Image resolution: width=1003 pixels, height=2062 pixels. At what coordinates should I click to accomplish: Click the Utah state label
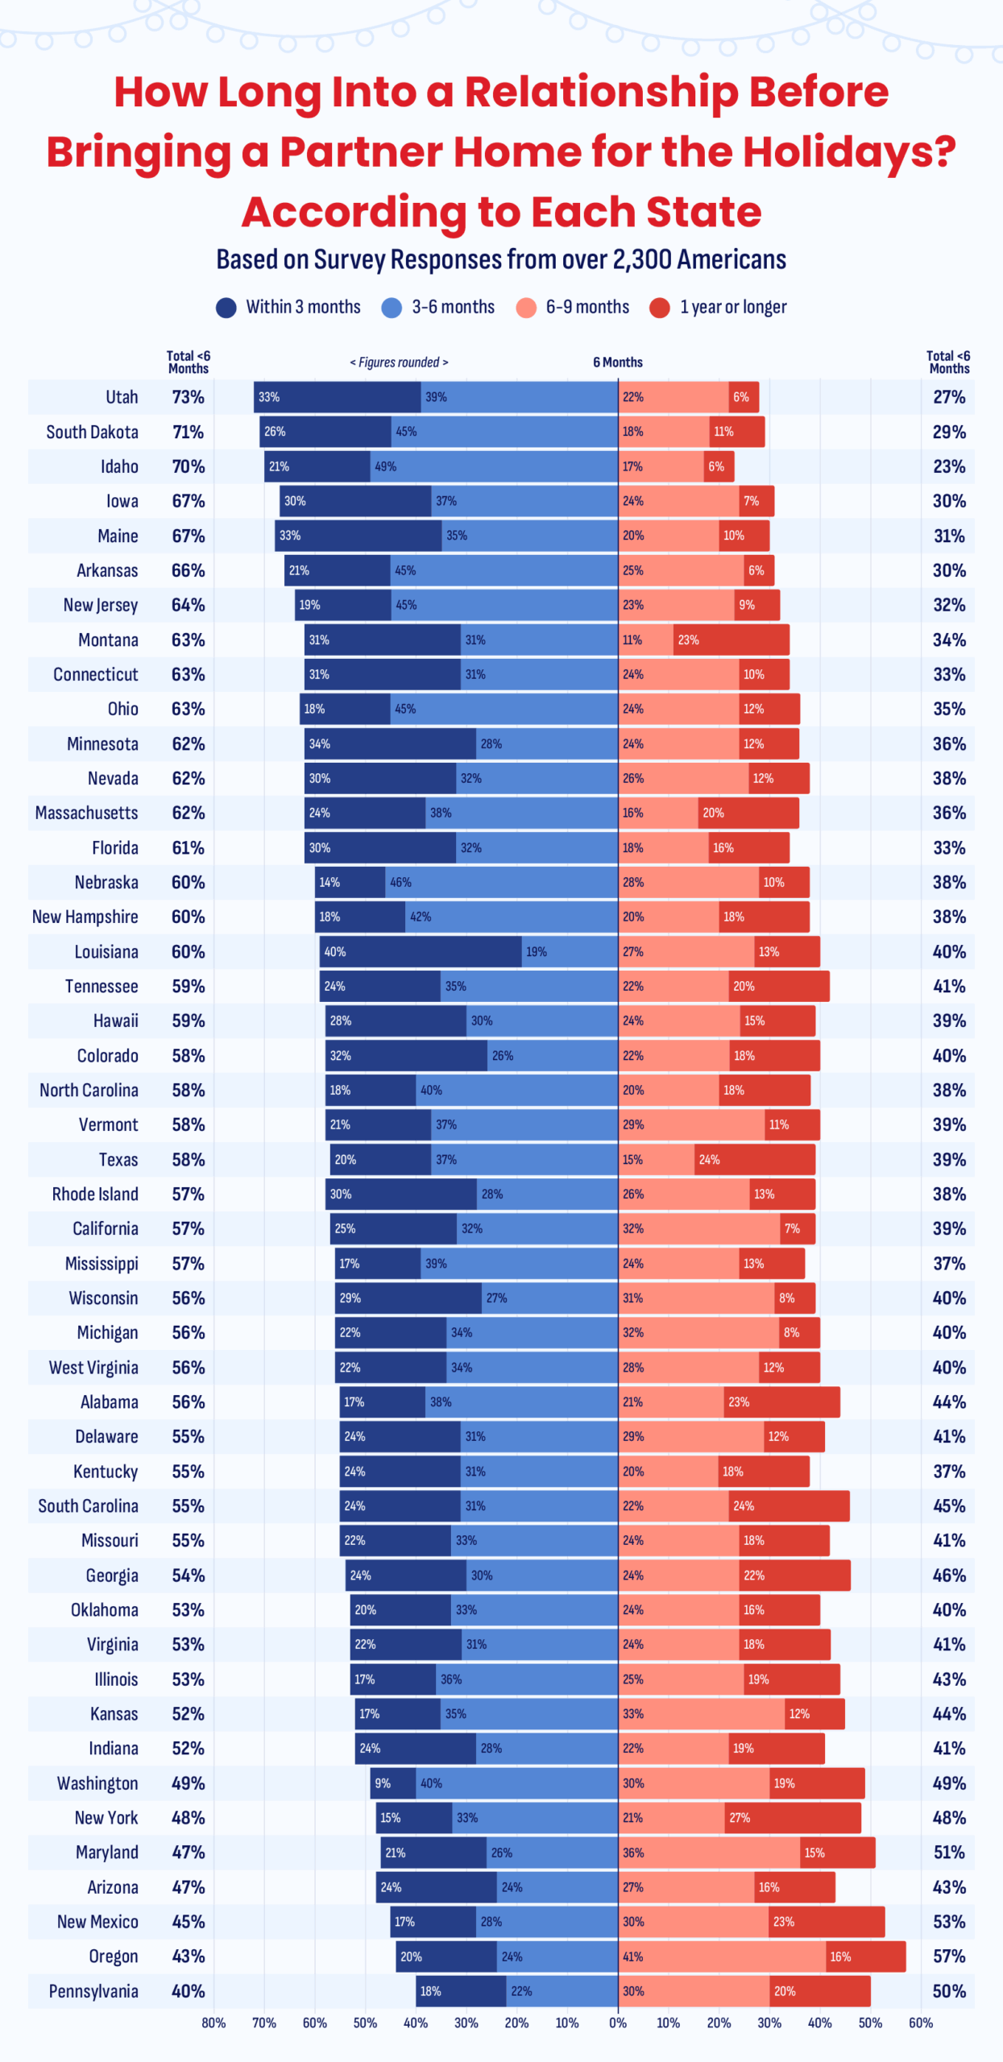click(x=122, y=397)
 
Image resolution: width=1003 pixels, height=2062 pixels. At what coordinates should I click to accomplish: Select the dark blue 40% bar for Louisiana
click(x=420, y=951)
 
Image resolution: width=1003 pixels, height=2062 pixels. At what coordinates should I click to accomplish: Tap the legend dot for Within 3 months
click(x=226, y=308)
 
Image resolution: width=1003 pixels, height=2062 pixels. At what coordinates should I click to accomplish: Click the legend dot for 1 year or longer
click(x=660, y=308)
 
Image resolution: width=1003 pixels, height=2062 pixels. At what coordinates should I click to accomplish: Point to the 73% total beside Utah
click(x=188, y=397)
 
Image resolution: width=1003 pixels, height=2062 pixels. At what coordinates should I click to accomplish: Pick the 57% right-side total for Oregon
click(x=949, y=1956)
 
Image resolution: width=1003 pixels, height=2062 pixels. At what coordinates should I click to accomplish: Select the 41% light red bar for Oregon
click(x=722, y=1956)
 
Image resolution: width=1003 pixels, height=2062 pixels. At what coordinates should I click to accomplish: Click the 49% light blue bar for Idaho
click(x=493, y=466)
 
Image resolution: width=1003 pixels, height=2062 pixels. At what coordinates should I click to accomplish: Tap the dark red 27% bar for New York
click(x=792, y=1817)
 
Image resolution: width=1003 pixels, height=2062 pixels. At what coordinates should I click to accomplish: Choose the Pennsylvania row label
click(x=93, y=1991)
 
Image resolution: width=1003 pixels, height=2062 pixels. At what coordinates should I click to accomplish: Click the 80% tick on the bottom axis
click(x=213, y=2023)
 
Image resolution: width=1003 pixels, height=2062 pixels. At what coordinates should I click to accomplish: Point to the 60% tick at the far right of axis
click(x=921, y=2023)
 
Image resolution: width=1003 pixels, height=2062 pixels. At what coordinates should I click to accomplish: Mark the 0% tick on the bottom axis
click(x=618, y=2023)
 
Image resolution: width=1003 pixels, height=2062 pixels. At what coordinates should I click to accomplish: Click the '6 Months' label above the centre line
click(x=618, y=362)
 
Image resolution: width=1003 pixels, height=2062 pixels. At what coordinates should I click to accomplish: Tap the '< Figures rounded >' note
click(x=399, y=362)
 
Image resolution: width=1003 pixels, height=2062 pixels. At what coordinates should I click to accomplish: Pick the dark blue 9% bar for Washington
click(x=393, y=1783)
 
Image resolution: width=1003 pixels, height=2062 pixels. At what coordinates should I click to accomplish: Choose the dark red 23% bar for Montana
click(x=731, y=640)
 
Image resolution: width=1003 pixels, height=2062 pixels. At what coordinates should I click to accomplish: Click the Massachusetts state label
click(x=86, y=813)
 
